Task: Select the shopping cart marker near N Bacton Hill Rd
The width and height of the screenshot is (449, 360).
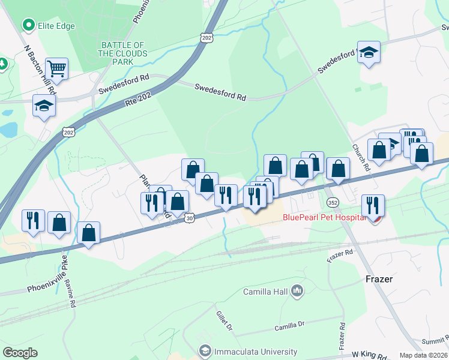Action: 56,68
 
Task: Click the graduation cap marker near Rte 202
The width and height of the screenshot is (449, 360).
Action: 44,106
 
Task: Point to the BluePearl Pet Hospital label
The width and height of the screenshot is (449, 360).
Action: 324,217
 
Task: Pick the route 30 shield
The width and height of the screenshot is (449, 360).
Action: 189,218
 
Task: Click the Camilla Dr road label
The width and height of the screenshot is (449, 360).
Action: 290,326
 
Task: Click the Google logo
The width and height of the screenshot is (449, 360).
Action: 20,353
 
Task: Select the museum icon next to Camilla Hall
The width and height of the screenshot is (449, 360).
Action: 297,292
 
